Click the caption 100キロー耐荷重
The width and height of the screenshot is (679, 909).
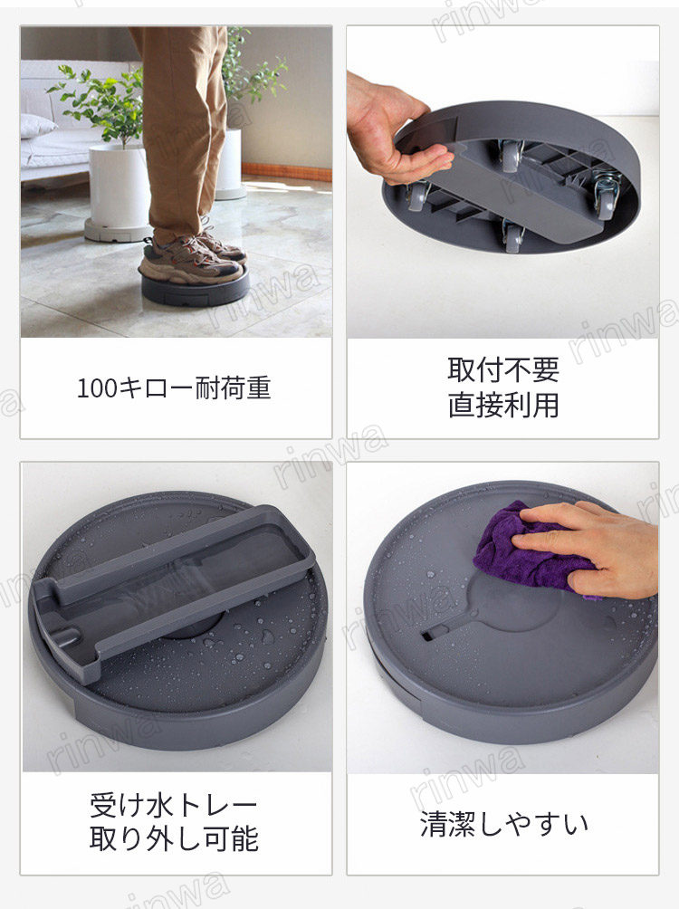coord(174,388)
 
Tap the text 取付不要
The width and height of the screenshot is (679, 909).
coord(503,369)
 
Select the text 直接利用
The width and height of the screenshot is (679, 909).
coord(503,405)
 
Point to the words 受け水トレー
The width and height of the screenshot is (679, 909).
coord(174,805)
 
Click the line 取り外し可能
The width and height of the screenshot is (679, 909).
coord(174,838)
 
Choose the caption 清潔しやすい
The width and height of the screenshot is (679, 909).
coord(504,823)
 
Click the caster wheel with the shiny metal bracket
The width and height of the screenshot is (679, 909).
coord(605,195)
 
